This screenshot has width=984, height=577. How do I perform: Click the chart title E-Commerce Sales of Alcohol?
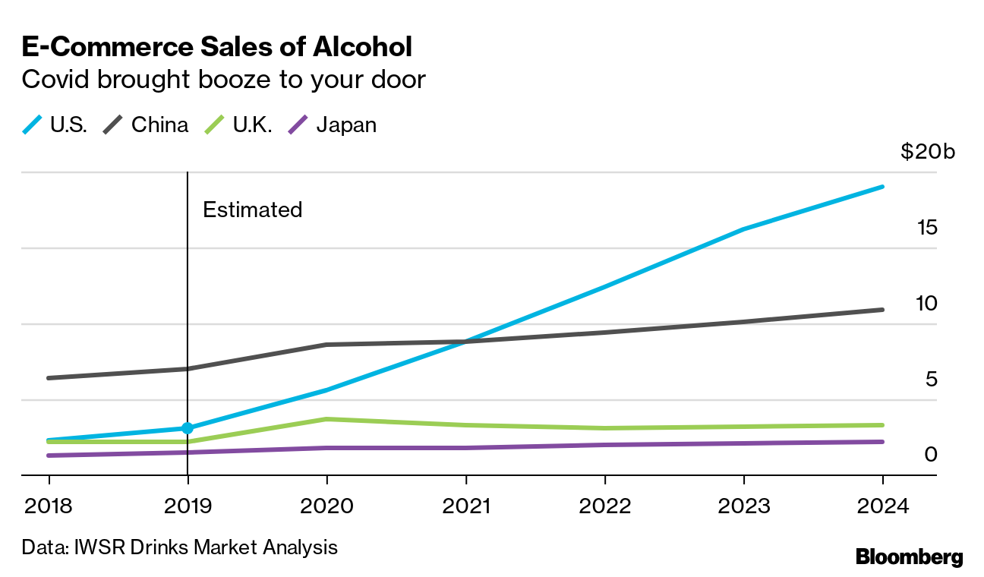(217, 47)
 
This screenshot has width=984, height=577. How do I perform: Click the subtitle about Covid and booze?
(223, 80)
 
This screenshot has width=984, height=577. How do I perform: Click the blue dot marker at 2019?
(188, 428)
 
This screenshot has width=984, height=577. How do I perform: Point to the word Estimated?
(253, 210)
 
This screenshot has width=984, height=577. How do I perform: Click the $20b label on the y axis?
(928, 152)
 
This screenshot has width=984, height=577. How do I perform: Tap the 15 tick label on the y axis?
(926, 228)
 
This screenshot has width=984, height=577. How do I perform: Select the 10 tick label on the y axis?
(926, 304)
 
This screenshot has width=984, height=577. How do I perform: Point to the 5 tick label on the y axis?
(932, 379)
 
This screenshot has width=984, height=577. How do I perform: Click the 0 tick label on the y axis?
(932, 454)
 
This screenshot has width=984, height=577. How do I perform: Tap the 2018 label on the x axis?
(49, 506)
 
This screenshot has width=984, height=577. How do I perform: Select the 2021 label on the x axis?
(465, 506)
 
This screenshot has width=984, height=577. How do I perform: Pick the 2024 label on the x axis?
(882, 506)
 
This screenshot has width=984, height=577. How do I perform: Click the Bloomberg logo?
(909, 557)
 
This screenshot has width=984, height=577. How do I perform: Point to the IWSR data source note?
(179, 547)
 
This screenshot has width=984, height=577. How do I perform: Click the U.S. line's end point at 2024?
(882, 186)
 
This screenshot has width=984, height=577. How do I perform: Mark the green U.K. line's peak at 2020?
(326, 419)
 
